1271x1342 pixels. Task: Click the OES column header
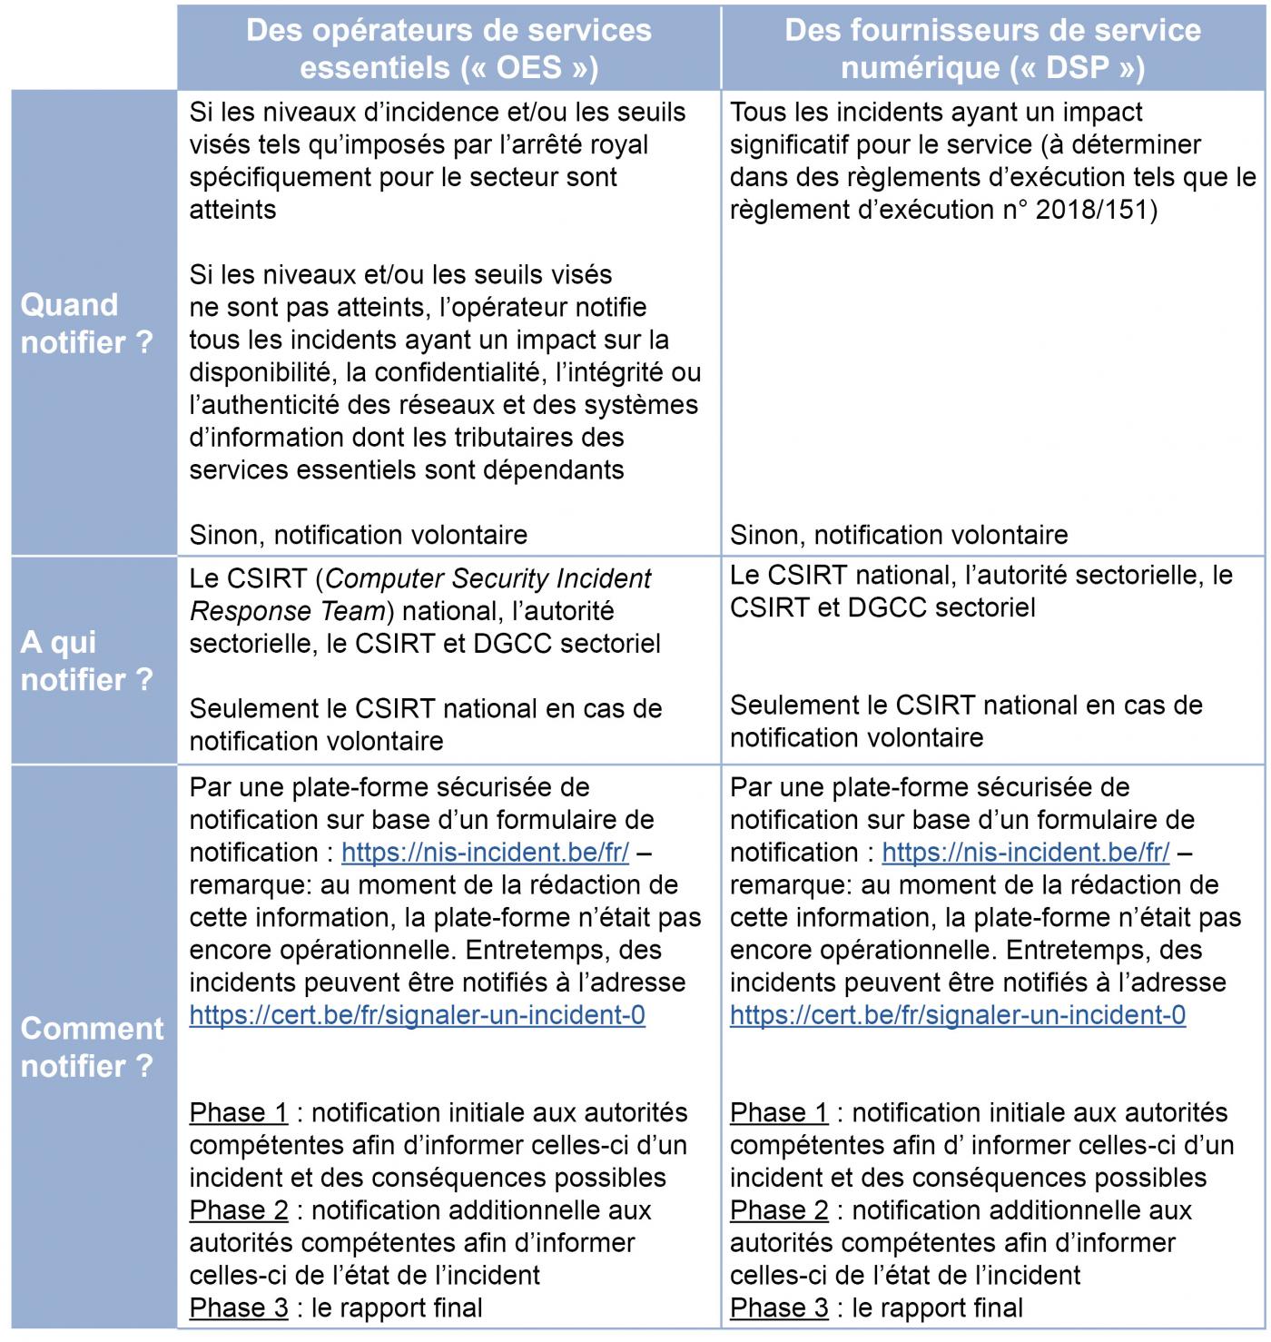[x=448, y=48]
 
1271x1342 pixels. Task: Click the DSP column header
[x=992, y=48]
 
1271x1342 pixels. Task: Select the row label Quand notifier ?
[x=87, y=323]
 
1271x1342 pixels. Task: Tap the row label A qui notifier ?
[x=87, y=660]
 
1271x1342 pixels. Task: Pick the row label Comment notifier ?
[x=92, y=1047]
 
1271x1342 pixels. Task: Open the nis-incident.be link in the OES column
[x=485, y=853]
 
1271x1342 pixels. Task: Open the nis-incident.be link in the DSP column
[x=1025, y=853]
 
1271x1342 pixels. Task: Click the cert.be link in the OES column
[x=417, y=1015]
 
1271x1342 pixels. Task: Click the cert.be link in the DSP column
[x=958, y=1015]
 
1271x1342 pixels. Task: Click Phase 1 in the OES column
[x=238, y=1113]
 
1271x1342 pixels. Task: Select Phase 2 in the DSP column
[x=779, y=1210]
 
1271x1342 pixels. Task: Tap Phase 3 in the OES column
[x=238, y=1308]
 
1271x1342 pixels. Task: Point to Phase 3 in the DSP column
[x=779, y=1308]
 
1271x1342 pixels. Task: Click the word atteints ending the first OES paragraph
[x=232, y=210]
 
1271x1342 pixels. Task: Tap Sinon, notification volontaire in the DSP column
[x=899, y=535]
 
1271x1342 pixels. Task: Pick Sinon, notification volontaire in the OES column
[x=358, y=535]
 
